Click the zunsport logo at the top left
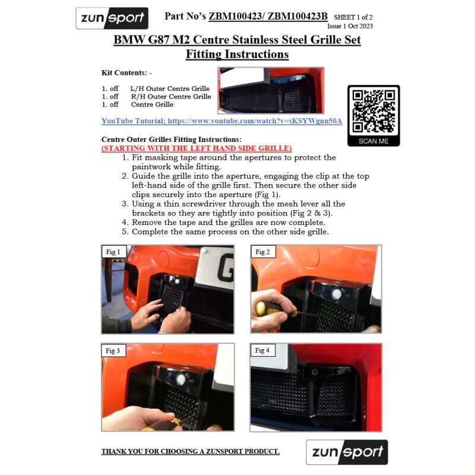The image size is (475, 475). coord(112,18)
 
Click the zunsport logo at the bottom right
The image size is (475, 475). coord(347,452)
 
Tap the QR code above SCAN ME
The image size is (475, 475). coord(373,112)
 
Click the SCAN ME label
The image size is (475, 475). coord(373,141)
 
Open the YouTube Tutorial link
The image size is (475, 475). coord(221,121)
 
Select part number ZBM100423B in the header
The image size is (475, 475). coord(297,16)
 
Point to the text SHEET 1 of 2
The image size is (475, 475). coord(353,17)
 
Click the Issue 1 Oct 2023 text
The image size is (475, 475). coord(350,26)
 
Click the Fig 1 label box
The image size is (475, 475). coord(113,252)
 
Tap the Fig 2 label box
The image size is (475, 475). coord(263,252)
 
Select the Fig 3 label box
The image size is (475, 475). coord(113,350)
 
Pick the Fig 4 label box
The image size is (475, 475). coord(262,350)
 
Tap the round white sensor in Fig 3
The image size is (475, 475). coord(181,379)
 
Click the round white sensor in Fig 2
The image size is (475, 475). coord(336,293)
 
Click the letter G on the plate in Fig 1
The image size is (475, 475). coord(226,268)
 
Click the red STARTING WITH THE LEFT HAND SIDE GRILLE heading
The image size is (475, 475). coord(197,148)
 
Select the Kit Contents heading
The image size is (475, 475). coord(126,72)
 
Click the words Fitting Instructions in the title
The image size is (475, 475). coord(237,55)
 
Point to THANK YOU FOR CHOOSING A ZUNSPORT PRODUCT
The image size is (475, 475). coord(191,451)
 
